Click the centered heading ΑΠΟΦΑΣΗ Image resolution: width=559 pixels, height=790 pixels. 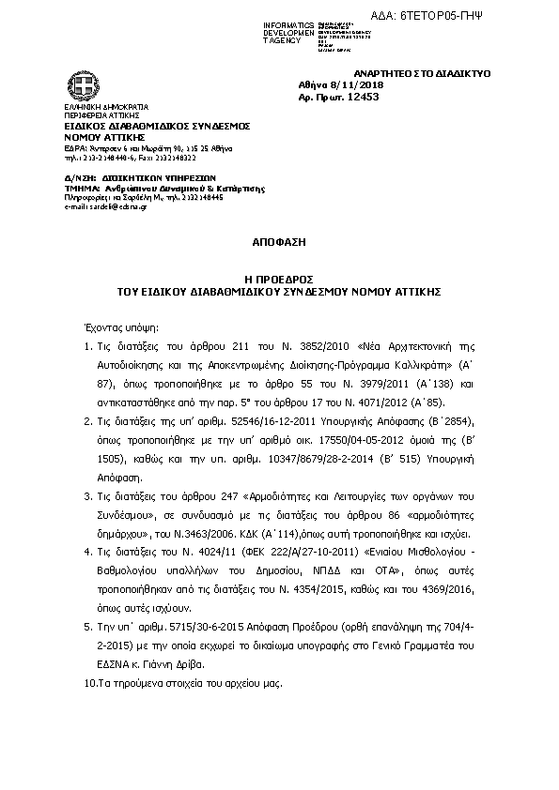tap(279, 241)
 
